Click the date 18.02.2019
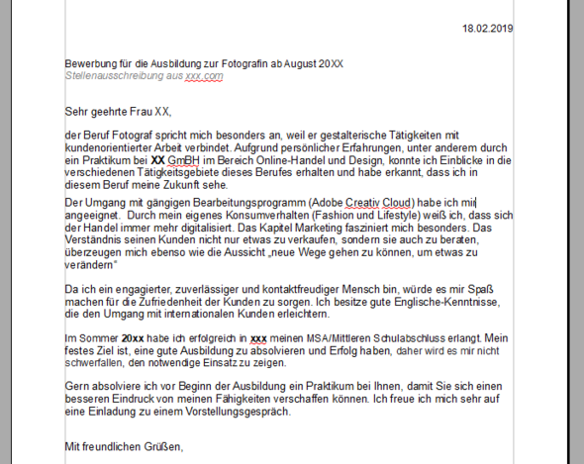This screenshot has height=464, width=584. (x=488, y=28)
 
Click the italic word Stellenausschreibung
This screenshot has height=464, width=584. (x=108, y=75)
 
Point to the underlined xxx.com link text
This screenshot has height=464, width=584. (x=204, y=75)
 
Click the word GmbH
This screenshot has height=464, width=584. (x=182, y=158)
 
